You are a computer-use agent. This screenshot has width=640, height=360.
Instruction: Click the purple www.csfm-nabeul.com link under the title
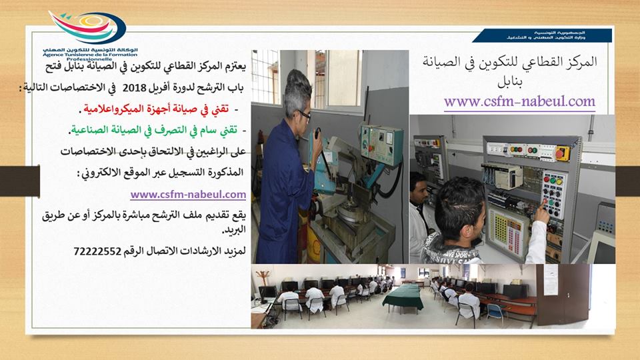(x=519, y=101)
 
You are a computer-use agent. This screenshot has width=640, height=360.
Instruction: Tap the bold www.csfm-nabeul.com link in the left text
(x=188, y=195)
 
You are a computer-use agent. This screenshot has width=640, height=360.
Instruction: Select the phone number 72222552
(x=97, y=251)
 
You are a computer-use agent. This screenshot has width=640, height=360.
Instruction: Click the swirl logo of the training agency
(x=87, y=27)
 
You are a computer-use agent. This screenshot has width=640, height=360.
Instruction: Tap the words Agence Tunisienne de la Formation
(x=90, y=54)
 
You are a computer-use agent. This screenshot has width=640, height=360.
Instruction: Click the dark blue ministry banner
(x=542, y=35)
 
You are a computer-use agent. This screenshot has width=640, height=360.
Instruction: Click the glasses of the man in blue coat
(x=305, y=115)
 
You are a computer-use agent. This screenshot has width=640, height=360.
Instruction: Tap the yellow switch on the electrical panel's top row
(x=563, y=153)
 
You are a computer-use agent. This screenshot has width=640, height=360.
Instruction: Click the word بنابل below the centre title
(x=509, y=82)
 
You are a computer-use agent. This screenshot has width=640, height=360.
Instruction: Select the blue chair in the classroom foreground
(x=495, y=313)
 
